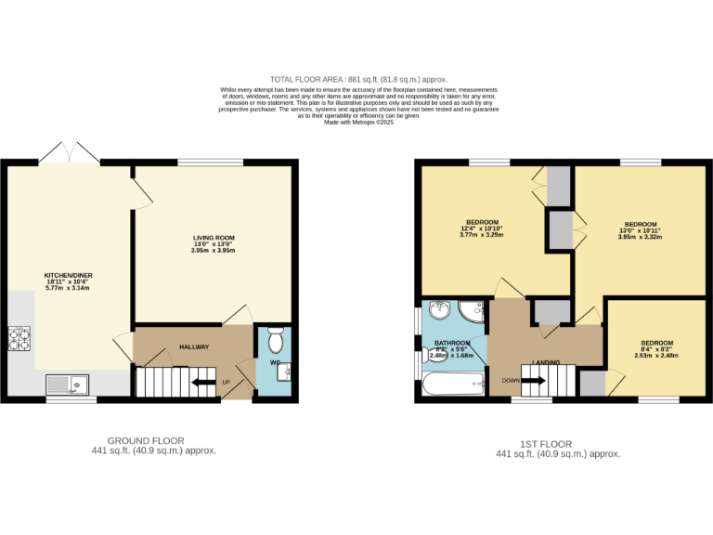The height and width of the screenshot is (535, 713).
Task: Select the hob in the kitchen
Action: tap(19, 338)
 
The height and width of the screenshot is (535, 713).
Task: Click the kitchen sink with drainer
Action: tap(68, 383)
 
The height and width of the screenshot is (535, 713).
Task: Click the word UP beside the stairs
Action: tap(225, 382)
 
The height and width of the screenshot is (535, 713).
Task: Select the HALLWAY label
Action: tap(194, 347)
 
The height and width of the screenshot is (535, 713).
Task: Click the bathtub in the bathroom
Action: tap(452, 383)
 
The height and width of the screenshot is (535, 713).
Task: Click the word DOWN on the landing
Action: tap(511, 381)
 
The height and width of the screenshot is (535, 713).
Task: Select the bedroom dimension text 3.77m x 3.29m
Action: tap(481, 235)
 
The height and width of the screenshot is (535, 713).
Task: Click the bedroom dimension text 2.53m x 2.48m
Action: tap(657, 355)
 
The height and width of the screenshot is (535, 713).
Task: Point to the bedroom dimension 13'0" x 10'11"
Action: tap(641, 231)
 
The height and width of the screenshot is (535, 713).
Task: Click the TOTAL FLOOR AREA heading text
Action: tap(358, 79)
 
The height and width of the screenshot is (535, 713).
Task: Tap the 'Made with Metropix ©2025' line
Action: tap(358, 122)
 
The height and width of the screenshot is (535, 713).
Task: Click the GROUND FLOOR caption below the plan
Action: tap(146, 441)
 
